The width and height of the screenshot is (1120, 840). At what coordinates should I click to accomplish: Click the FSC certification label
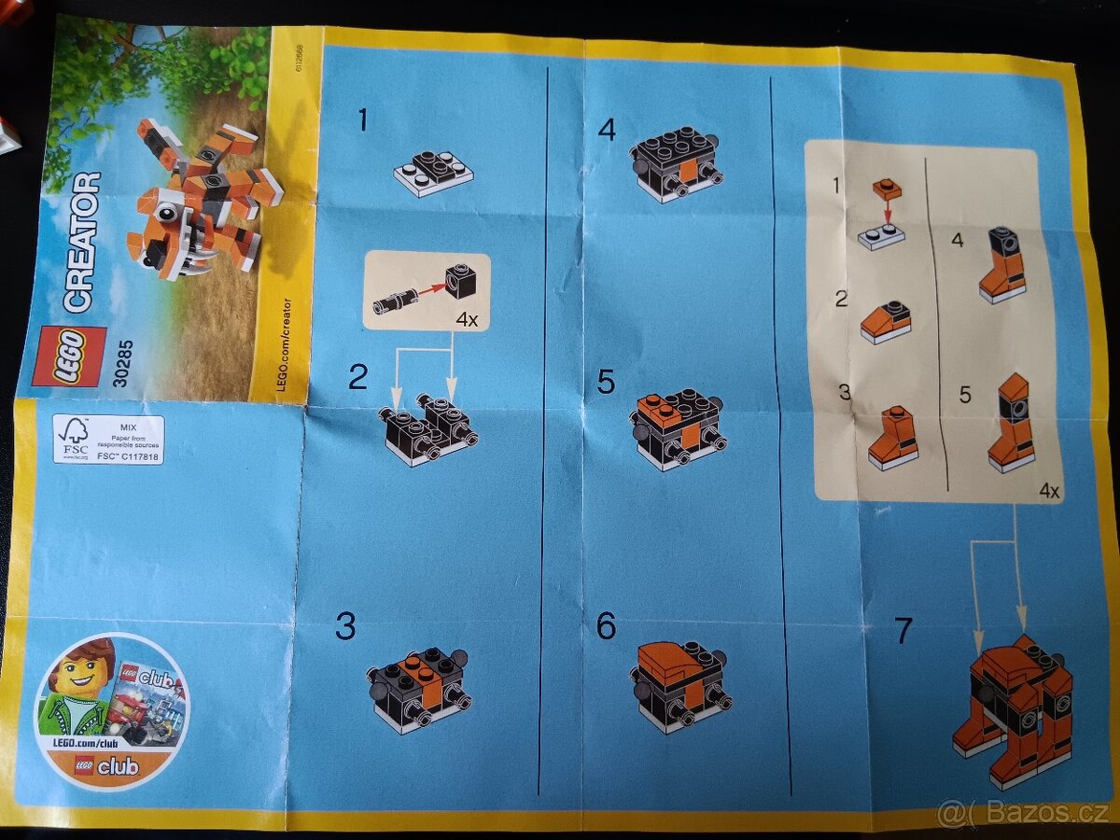pos(108,440)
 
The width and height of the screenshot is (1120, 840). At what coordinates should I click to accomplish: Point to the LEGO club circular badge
pos(110,710)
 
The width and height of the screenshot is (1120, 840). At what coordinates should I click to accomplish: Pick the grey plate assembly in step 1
pos(433,171)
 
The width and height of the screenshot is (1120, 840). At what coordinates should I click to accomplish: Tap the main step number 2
pos(358,378)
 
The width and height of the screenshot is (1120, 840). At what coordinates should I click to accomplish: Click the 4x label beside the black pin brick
pos(466,318)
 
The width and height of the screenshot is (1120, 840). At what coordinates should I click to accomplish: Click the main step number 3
pos(345,627)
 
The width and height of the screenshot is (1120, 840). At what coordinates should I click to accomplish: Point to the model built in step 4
pos(676,163)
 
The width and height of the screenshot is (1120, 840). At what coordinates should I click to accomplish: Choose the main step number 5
pos(607,381)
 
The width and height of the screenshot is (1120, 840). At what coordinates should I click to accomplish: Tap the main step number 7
pos(903,631)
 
